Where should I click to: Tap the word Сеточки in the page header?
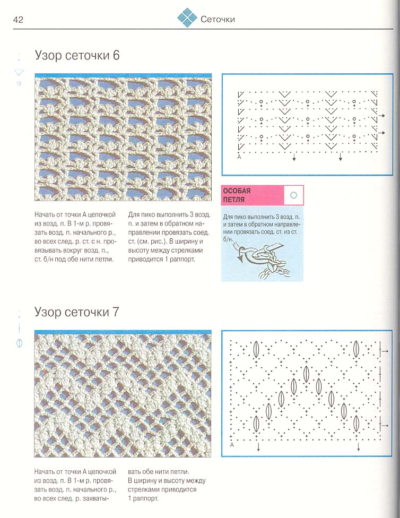pos(218,20)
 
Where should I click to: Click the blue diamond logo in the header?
pos(187,18)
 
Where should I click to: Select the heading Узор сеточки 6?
pos(77,55)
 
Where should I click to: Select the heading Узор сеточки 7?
pos(77,312)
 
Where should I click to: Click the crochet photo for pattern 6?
pos(123,137)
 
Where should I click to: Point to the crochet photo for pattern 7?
pos(123,395)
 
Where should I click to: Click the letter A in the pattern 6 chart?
pos(239,157)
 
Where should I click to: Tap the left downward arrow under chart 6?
pos(294,158)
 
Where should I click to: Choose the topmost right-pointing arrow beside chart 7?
pos(386,351)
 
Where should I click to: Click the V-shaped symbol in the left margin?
pos(19,72)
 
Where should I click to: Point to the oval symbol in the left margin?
pos(20,342)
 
